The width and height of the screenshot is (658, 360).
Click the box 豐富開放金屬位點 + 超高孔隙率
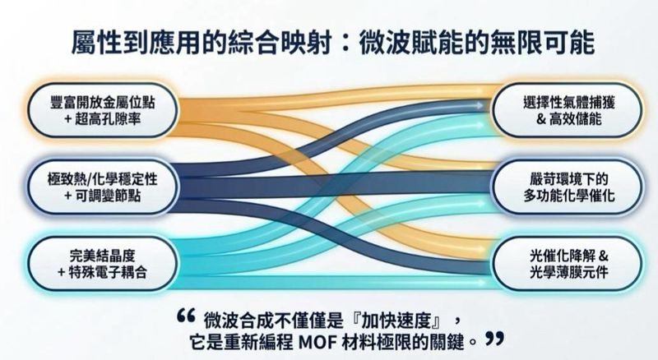click(x=103, y=110)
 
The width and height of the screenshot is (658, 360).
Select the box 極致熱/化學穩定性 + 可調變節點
click(x=103, y=187)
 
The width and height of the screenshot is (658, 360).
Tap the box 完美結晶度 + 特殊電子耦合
click(x=103, y=264)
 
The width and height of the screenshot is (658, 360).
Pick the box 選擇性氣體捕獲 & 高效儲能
click(x=568, y=110)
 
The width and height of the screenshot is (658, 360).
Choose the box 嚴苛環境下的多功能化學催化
click(x=568, y=187)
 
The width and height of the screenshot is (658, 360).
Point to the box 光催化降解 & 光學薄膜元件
click(x=568, y=264)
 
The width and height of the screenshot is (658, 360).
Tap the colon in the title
click(x=345, y=44)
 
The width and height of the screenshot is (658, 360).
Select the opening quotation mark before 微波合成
click(x=186, y=316)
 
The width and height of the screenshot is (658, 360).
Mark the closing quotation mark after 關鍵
click(x=494, y=339)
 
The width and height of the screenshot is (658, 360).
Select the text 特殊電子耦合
click(x=108, y=273)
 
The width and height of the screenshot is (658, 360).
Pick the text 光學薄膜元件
click(x=568, y=273)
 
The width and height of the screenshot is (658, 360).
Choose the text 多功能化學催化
click(x=568, y=196)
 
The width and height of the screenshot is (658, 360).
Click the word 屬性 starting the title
click(x=97, y=43)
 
